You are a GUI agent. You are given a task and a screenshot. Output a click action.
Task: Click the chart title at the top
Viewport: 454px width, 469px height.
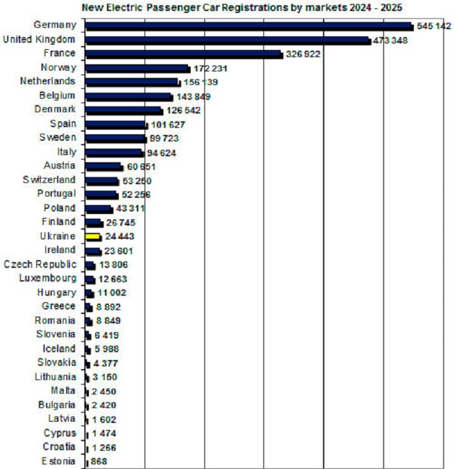pyautogui.click(x=241, y=8)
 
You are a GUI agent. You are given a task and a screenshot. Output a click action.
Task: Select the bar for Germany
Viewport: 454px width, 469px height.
pyautogui.click(x=249, y=26)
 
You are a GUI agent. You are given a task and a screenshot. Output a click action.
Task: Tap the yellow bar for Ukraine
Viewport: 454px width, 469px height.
pyautogui.click(x=93, y=237)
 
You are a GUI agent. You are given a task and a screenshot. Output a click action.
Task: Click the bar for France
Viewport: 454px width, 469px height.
pyautogui.click(x=184, y=54)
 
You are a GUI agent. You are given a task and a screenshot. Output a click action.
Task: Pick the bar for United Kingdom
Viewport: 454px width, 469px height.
pyautogui.click(x=228, y=40)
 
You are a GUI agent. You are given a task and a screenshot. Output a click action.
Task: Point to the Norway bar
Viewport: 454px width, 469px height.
pyautogui.click(x=137, y=68)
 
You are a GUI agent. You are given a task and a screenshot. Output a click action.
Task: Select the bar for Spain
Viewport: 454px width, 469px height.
pyautogui.click(x=116, y=124)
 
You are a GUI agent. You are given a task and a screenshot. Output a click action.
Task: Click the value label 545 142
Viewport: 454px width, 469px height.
pyautogui.click(x=434, y=26)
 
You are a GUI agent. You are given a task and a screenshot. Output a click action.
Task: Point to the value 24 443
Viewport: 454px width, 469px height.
pyautogui.click(x=119, y=237)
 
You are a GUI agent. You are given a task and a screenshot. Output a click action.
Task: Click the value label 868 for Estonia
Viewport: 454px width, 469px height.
pyautogui.click(x=99, y=462)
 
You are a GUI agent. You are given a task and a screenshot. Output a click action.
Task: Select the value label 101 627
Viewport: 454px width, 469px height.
pyautogui.click(x=168, y=124)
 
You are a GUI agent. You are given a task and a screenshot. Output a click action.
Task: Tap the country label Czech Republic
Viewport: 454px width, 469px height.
pyautogui.click(x=40, y=265)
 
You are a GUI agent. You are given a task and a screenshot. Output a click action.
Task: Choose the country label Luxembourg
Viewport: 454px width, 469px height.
pyautogui.click(x=48, y=279)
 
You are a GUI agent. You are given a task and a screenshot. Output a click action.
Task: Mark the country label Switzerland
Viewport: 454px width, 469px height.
pyautogui.click(x=49, y=180)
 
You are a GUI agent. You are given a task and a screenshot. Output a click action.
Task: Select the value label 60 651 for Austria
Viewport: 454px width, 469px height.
pyautogui.click(x=141, y=167)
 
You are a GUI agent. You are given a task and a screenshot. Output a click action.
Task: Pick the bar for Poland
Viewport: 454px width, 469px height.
pyautogui.click(x=99, y=209)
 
